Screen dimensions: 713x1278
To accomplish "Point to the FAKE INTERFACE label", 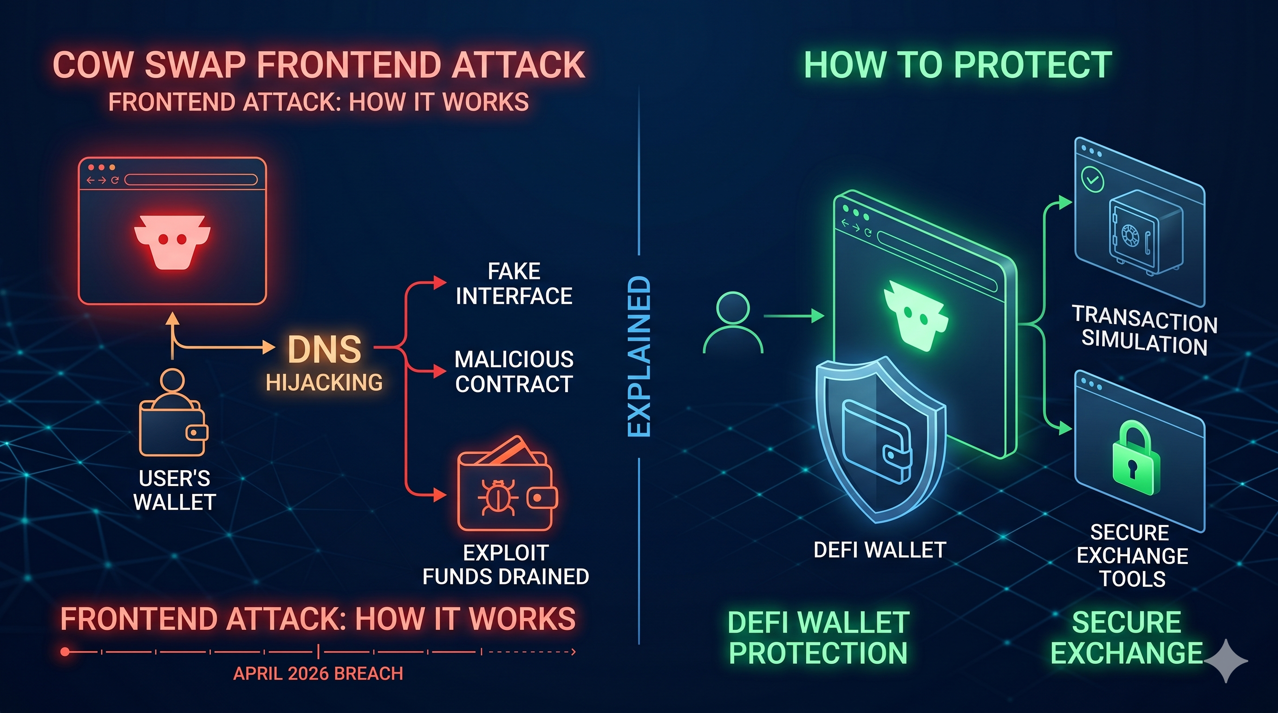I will click(514, 284).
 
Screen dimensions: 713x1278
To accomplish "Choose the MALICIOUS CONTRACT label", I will click(514, 371).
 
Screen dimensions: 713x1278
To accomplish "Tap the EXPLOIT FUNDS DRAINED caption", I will click(506, 565).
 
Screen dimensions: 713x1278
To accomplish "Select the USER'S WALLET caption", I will click(175, 490).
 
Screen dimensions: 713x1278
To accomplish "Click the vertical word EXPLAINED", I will click(639, 356).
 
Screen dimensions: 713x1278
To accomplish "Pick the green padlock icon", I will click(1135, 459).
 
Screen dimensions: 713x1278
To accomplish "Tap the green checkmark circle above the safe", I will click(1092, 179).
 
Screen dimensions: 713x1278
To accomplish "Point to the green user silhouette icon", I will click(733, 323).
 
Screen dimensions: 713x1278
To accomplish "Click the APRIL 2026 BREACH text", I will click(318, 674).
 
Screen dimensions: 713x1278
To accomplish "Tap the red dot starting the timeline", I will click(65, 652).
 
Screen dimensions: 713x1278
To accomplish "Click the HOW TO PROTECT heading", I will click(958, 65).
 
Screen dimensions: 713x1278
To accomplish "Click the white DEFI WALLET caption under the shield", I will click(880, 550).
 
